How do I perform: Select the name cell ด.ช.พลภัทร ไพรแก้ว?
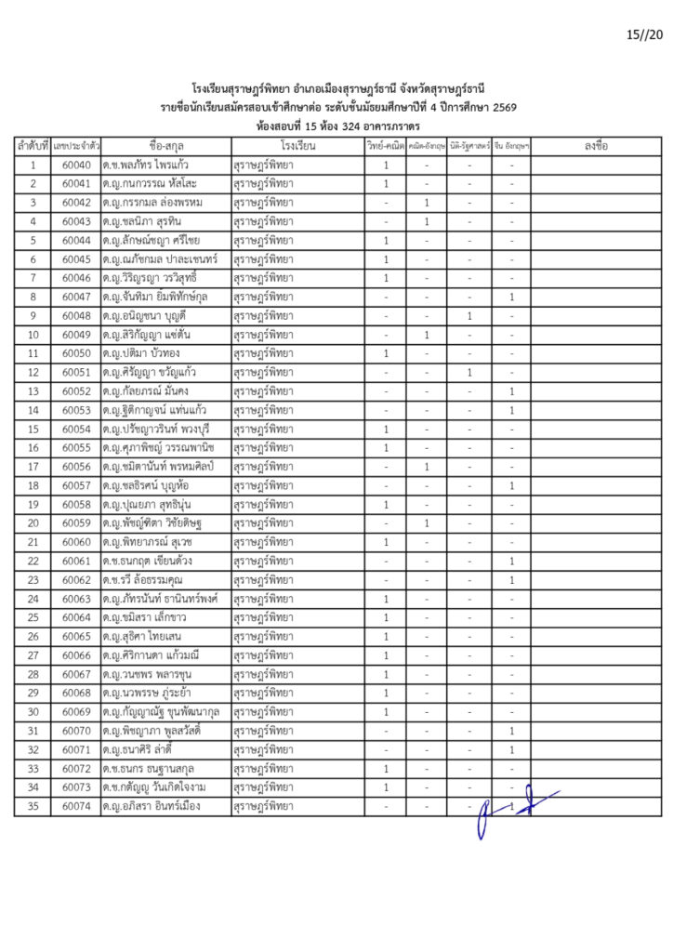[151, 165]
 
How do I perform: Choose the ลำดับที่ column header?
[33, 146]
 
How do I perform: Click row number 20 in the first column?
[33, 523]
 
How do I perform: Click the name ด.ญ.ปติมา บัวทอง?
[143, 353]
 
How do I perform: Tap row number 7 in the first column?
[33, 278]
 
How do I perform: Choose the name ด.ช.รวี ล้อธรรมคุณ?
[149, 580]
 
